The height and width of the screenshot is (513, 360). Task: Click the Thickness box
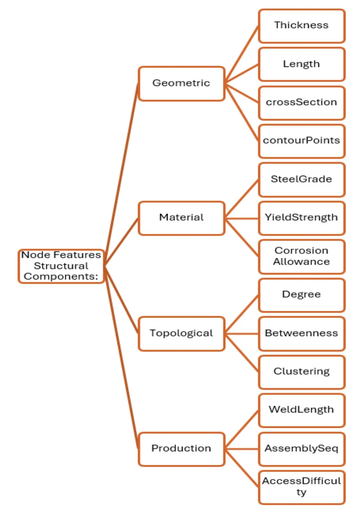pos(301,26)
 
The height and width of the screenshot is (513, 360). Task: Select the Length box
pos(301,64)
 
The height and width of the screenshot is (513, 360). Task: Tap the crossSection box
pos(301,103)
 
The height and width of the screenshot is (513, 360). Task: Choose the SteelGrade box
pos(301,180)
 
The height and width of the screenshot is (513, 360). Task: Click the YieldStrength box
pos(301,218)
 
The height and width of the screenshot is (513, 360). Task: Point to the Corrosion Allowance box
pos(301,256)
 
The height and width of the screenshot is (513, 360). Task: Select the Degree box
pos(301,295)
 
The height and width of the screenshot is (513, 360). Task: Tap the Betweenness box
pos(301,333)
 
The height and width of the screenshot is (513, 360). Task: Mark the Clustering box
pos(301,372)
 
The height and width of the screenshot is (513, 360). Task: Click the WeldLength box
pos(301,410)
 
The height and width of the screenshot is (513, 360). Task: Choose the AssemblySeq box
pos(301,448)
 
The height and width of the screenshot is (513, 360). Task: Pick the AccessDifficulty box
pos(301,487)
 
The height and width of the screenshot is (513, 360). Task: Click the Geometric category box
pos(181,83)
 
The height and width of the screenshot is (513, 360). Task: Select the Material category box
pos(181,218)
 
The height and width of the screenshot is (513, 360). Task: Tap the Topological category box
pos(181,333)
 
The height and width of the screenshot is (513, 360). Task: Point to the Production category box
pos(181,448)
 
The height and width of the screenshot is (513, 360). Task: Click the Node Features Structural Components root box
pos(61,266)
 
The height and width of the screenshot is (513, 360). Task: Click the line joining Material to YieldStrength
pos(241,218)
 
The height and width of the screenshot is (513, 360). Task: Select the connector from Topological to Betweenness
pos(241,333)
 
